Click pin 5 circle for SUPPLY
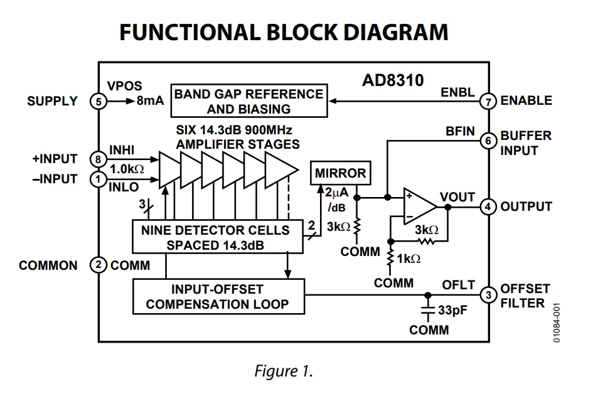pyautogui.click(x=98, y=101)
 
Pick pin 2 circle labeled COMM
pyautogui.click(x=98, y=265)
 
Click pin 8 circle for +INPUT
pyautogui.click(x=98, y=159)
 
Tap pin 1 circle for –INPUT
pyautogui.click(x=98, y=179)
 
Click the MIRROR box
pyautogui.click(x=340, y=173)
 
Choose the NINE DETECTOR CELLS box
pyautogui.click(x=215, y=237)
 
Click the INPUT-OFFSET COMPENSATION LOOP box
pyautogui.click(x=218, y=297)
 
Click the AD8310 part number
pyautogui.click(x=393, y=80)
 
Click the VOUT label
pyautogui.click(x=457, y=197)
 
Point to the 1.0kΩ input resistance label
pyautogui.click(x=127, y=169)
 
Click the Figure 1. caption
pyautogui.click(x=284, y=371)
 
